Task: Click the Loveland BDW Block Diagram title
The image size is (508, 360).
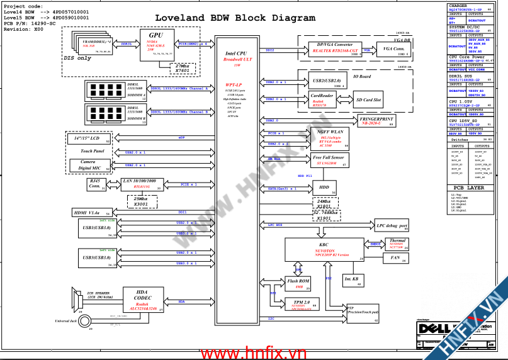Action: point(235,18)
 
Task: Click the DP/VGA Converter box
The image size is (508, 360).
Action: point(335,49)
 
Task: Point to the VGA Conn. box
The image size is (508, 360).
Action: point(394,49)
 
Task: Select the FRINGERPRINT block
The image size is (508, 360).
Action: point(376,121)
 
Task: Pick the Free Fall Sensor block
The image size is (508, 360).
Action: point(329,160)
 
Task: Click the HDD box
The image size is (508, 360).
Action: point(325,188)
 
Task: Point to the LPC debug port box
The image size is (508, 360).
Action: point(392,226)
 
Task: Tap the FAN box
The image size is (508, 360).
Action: point(396,257)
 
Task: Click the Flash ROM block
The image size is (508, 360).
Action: point(298,283)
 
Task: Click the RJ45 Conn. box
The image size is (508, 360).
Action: point(95,184)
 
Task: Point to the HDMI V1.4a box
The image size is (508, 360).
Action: point(91,213)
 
